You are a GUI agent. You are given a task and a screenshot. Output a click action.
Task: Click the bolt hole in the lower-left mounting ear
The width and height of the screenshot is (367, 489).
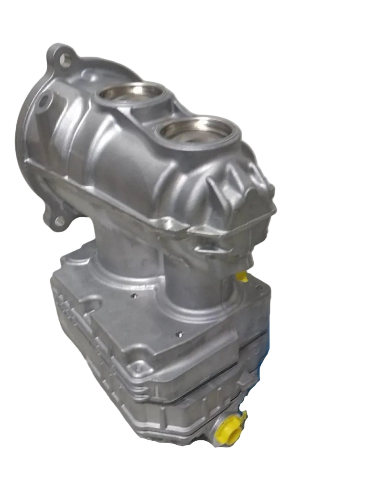[59, 221]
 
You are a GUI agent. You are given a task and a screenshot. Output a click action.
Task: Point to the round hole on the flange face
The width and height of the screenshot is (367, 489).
[44, 101]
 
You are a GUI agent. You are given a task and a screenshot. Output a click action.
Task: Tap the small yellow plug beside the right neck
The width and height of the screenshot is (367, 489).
[242, 276]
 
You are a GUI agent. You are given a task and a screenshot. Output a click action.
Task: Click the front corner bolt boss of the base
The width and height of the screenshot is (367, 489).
[137, 367]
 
